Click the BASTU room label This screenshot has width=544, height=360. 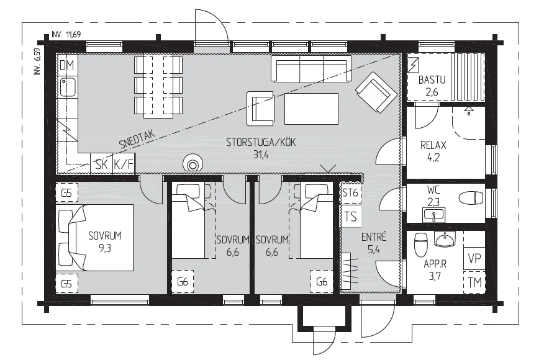(432, 80)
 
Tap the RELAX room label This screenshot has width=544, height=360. (433, 145)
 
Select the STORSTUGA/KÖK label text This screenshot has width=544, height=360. (261, 142)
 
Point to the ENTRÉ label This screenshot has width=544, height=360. (374, 237)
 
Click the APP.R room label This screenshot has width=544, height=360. (435, 264)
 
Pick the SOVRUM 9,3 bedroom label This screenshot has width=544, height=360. (105, 241)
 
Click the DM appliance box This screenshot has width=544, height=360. (67, 65)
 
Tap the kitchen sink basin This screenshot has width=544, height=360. (67, 88)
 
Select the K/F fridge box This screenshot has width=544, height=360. (124, 164)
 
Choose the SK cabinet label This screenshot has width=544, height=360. (102, 164)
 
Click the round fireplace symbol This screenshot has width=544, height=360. (192, 163)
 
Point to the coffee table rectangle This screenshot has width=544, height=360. (311, 109)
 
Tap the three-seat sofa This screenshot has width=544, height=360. (311, 69)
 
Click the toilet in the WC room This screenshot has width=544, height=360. (471, 199)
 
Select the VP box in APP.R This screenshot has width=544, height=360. (474, 259)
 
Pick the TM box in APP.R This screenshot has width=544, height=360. (474, 282)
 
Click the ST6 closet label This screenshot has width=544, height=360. (350, 192)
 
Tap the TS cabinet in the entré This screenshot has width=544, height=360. (351, 216)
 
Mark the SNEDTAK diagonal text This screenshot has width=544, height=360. (137, 140)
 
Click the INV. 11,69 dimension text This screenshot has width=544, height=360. (66, 34)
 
